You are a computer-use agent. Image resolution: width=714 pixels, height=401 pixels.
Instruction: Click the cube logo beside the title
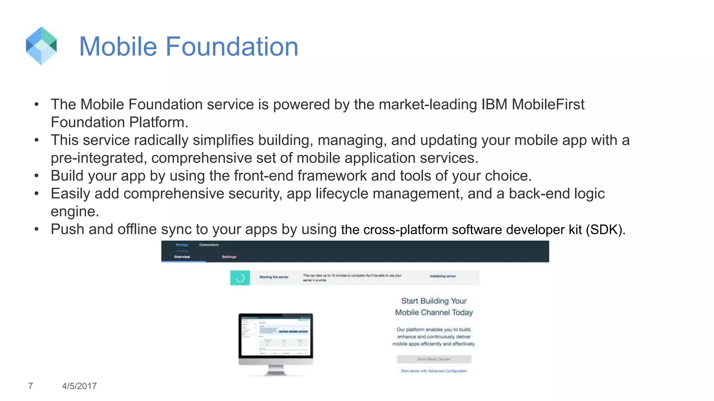41,46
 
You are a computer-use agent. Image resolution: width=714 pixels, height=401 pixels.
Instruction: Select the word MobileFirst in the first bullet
548,104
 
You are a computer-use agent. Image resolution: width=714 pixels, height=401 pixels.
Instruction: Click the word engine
75,212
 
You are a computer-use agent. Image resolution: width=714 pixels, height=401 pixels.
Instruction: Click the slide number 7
31,386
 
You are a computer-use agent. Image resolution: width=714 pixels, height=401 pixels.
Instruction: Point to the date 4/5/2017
79,386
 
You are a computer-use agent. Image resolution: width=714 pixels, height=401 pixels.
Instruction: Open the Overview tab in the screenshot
182,257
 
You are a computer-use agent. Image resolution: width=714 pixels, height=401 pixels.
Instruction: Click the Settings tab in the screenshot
229,257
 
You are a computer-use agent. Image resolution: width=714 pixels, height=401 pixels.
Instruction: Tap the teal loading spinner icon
240,278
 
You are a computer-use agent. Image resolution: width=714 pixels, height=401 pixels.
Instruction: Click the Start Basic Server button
434,359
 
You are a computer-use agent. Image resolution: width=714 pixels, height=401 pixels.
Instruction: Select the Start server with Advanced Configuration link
434,371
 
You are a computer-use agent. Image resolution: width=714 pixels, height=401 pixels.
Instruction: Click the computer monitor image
275,343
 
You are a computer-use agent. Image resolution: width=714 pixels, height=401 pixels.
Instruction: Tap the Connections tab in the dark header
209,245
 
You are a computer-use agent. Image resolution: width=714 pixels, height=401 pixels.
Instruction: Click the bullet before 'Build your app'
37,176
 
